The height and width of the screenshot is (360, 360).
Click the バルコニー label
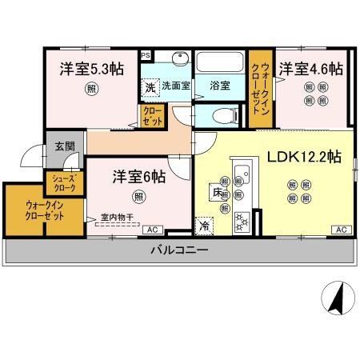pos(180,250)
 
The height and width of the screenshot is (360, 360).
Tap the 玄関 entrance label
pos(64,146)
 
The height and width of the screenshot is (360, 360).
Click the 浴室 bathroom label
pos(220,86)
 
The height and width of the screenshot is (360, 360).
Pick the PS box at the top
pos(145,55)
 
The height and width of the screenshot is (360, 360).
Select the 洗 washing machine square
pos(150,86)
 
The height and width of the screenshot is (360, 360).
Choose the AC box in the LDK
pos(340,230)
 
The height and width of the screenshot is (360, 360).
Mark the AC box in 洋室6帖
pos(150,230)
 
